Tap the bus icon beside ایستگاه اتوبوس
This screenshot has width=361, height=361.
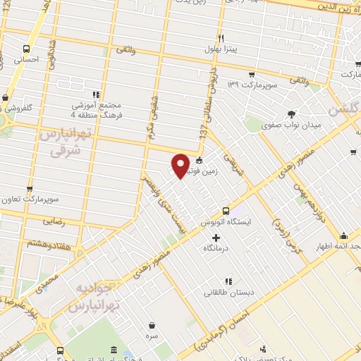[226, 210]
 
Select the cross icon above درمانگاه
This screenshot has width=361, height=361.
[216, 237]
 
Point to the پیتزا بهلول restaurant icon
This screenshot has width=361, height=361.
[221, 37]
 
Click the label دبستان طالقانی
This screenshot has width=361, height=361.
[228, 292]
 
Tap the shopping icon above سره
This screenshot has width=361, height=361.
[152, 325]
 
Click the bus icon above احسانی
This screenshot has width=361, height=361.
[27, 49]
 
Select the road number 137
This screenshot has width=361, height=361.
[204, 131]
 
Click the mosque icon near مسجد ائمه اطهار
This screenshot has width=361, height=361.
[343, 235]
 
